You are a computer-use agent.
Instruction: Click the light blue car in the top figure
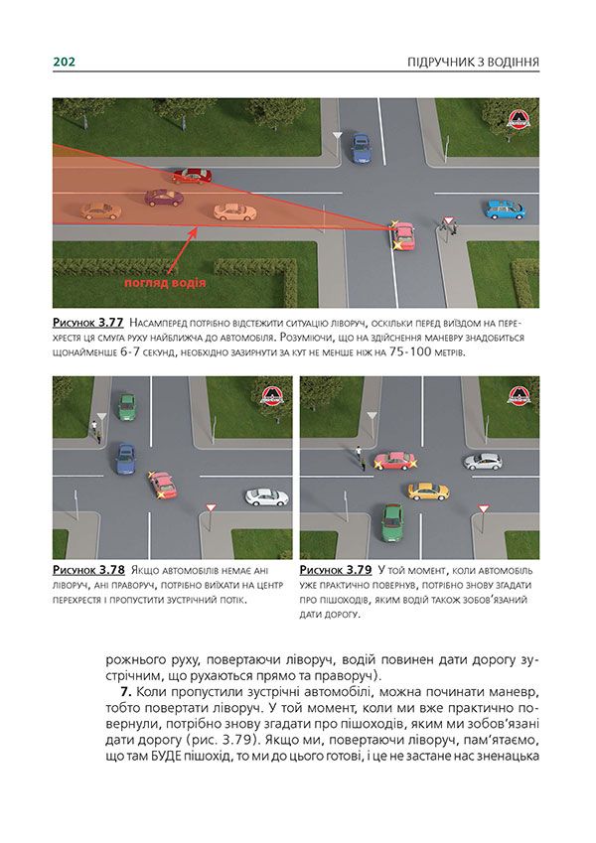(504, 210)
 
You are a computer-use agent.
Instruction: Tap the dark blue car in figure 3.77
(361, 149)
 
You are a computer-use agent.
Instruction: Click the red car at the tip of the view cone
(402, 235)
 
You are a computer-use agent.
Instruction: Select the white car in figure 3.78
(266, 495)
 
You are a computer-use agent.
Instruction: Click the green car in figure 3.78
(126, 405)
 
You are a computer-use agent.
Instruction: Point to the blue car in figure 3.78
(124, 457)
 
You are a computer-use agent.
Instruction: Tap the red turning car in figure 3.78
(161, 484)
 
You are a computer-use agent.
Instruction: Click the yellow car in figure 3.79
(428, 491)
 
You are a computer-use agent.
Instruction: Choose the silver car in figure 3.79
(483, 461)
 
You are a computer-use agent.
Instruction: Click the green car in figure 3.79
(392, 518)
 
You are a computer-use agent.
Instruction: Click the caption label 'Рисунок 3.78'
(88, 571)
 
